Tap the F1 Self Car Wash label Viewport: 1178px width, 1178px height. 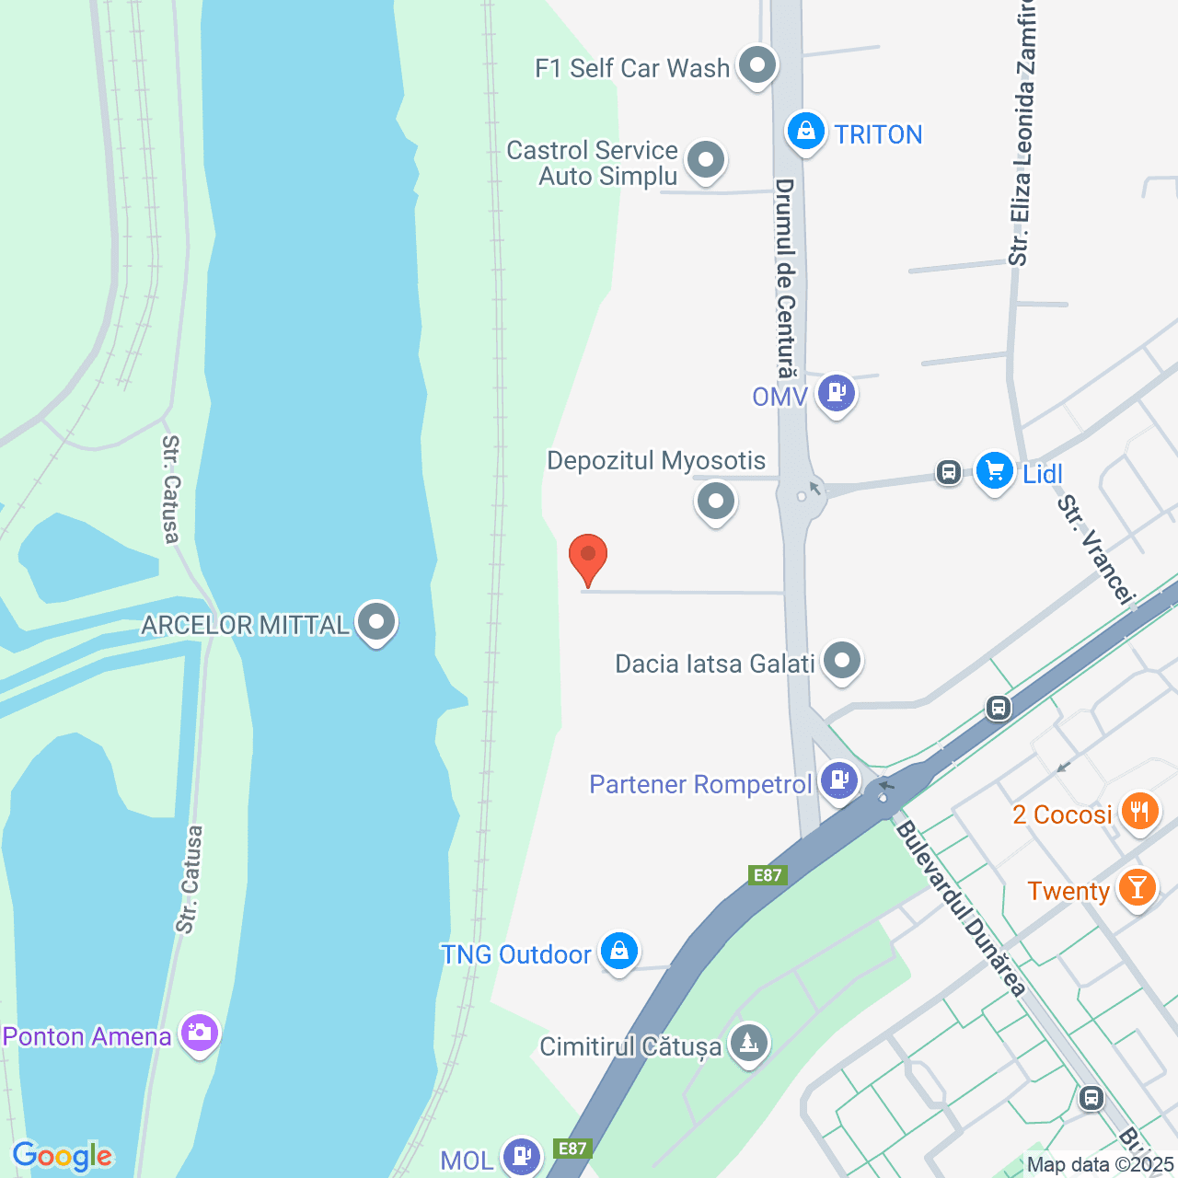coord(632,68)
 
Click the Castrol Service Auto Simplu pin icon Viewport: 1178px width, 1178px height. coord(706,160)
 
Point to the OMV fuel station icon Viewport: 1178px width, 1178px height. coord(836,393)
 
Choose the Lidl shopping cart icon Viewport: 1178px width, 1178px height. coord(994,470)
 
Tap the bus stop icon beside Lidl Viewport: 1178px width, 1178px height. coord(948,472)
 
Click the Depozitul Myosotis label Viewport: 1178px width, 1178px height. coord(656,460)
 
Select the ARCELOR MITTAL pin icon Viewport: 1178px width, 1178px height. coord(375,622)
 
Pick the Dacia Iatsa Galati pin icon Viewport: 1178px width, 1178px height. coord(841,661)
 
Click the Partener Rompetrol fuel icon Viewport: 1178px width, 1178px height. coord(838,780)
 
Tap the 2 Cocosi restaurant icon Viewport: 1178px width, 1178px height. coord(1139,812)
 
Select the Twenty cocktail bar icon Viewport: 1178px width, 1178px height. coord(1138,888)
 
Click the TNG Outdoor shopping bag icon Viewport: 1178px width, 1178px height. coord(619,952)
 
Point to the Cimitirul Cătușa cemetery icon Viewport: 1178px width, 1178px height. coord(749,1044)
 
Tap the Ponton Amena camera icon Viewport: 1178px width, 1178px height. coord(199,1034)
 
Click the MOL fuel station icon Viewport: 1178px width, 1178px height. coord(521,1155)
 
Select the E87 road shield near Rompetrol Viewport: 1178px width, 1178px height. coord(768,875)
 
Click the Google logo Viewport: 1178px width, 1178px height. coord(63,1156)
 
